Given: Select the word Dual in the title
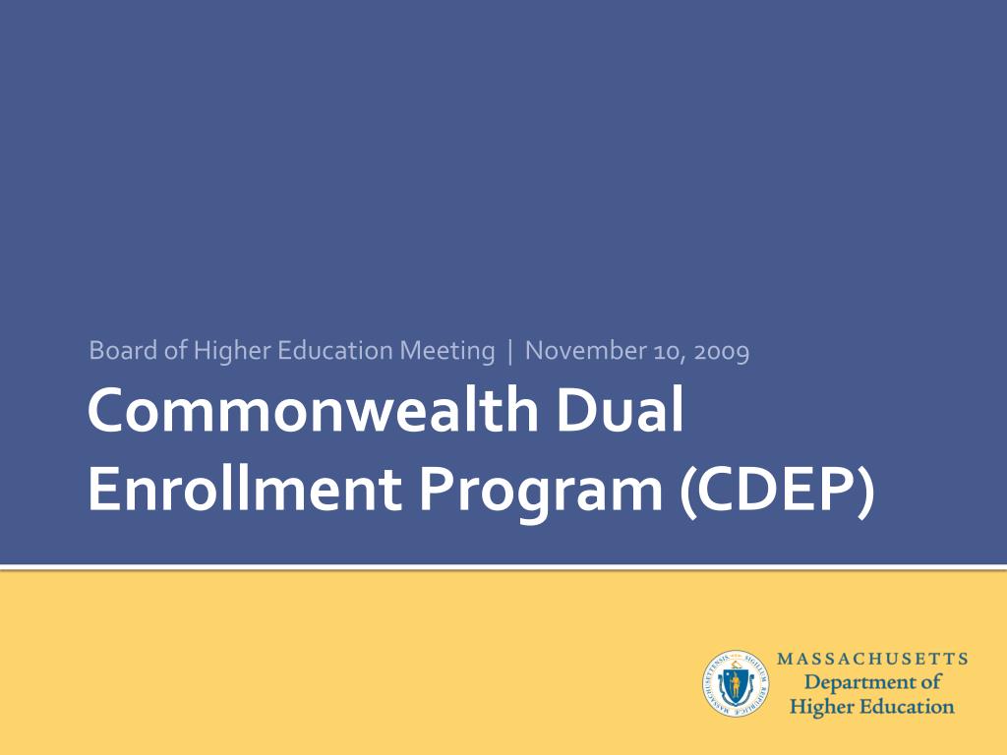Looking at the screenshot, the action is pyautogui.click(x=620, y=410).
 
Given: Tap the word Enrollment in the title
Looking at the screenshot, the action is pyautogui.click(x=245, y=490).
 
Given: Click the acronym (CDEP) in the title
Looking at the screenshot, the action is pyautogui.click(x=777, y=491).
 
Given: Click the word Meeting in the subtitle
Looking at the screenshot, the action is pyautogui.click(x=447, y=352).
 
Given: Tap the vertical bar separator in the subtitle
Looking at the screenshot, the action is pyautogui.click(x=510, y=352).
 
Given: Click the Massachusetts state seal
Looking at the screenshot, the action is pyautogui.click(x=736, y=683).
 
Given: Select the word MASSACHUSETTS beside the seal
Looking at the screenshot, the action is pyautogui.click(x=872, y=659).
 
